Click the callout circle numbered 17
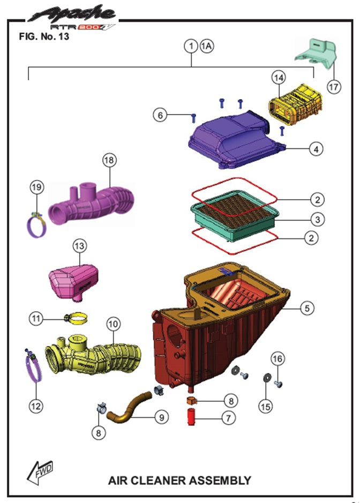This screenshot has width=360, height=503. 333,86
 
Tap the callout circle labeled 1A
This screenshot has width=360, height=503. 206,46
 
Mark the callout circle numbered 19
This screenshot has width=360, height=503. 36,187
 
